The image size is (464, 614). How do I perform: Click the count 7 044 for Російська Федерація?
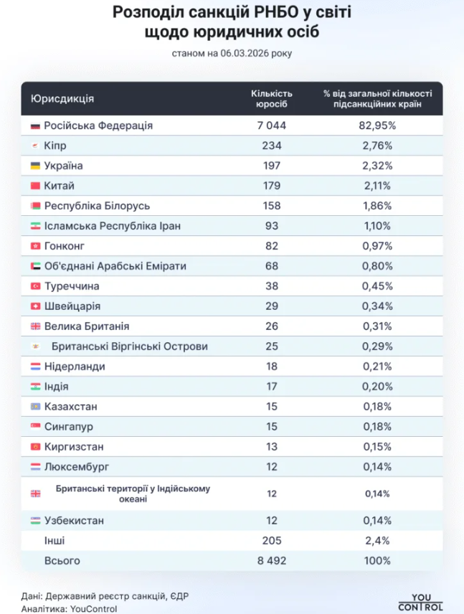click(x=272, y=126)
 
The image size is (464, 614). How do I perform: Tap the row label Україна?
click(x=64, y=166)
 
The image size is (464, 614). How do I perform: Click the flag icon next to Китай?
click(x=35, y=186)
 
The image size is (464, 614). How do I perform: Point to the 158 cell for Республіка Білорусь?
click(x=272, y=206)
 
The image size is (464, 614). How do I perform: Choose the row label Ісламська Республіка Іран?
click(x=112, y=226)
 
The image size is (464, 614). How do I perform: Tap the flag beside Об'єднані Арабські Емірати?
click(x=35, y=266)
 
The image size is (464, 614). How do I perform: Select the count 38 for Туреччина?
click(x=272, y=286)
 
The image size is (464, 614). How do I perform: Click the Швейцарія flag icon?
click(x=35, y=306)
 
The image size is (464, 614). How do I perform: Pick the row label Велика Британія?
click(x=87, y=326)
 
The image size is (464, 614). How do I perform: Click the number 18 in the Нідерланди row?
click(x=272, y=367)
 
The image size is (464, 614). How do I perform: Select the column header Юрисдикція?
click(x=62, y=98)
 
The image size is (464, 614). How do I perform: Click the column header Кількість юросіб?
click(x=272, y=98)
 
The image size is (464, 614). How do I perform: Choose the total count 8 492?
click(x=272, y=560)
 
